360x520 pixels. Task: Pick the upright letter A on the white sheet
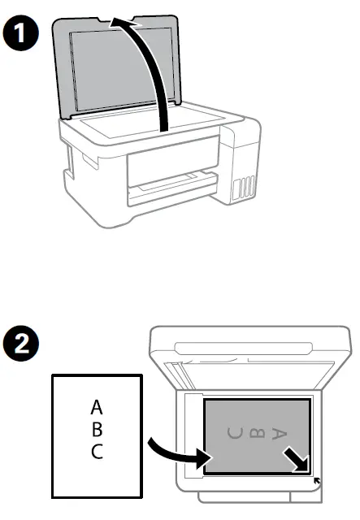click(97, 406)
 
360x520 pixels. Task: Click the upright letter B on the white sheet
click(97, 428)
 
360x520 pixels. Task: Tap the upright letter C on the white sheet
click(97, 451)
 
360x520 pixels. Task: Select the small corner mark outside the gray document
click(317, 482)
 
